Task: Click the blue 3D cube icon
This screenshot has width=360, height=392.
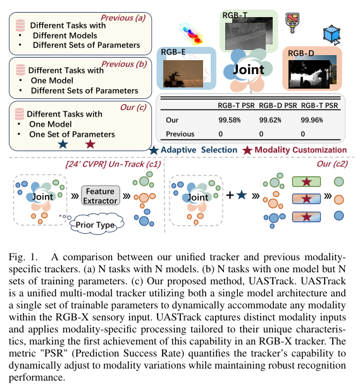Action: pos(332,34)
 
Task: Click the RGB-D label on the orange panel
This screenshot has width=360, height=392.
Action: pos(302,54)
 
